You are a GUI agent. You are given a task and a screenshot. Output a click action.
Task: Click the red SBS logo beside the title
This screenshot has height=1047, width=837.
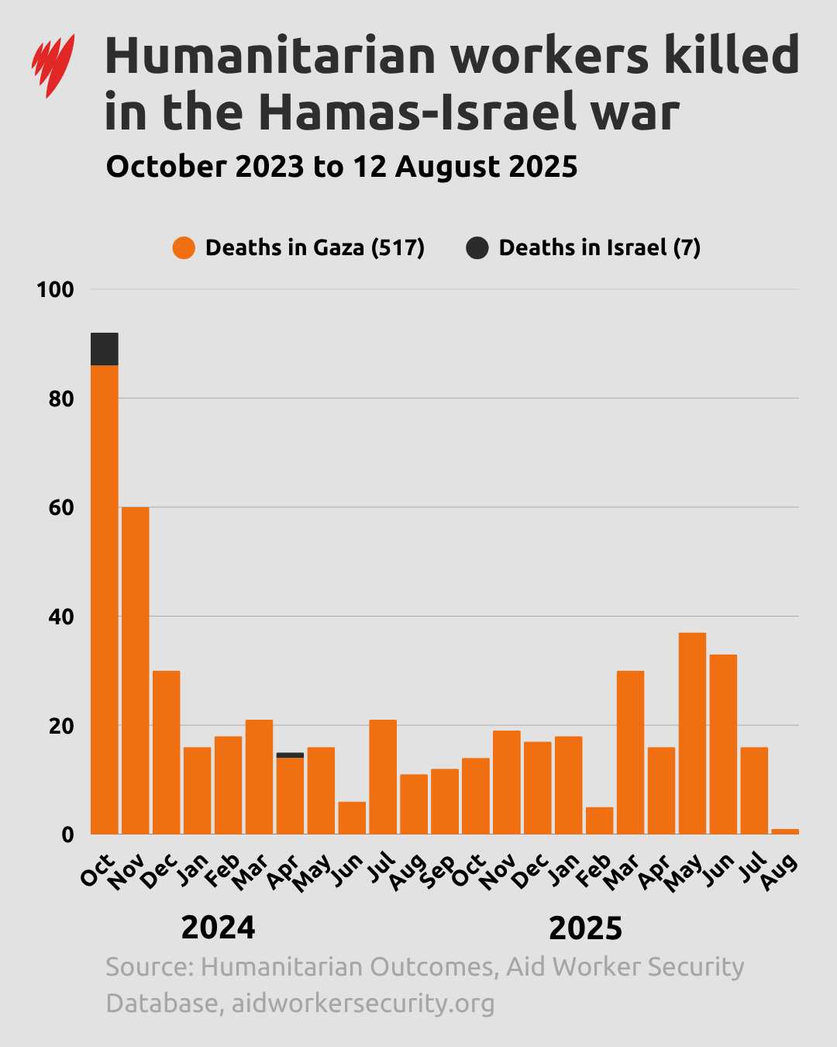(x=53, y=65)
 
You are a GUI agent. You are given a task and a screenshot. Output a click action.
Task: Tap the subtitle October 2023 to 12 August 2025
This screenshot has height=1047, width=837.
(x=341, y=167)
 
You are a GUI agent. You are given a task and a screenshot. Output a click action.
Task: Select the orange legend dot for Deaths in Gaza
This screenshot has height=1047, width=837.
(x=184, y=248)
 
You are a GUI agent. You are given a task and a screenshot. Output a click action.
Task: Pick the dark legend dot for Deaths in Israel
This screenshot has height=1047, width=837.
(x=477, y=248)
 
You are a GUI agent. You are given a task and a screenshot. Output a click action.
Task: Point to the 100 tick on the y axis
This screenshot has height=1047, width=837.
(x=55, y=290)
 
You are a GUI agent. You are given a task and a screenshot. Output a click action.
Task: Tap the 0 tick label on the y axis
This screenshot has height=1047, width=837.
(x=67, y=835)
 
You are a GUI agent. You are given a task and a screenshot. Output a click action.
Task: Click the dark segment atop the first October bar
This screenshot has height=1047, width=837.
(x=105, y=349)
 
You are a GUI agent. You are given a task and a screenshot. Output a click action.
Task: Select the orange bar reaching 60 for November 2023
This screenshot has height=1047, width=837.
(x=136, y=671)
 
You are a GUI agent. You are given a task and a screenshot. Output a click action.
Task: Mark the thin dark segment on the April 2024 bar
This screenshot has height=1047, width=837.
(x=290, y=755)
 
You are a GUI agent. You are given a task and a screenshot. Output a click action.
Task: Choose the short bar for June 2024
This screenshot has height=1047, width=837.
(x=352, y=818)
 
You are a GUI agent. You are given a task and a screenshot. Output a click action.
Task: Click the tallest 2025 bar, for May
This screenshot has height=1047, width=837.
(x=692, y=734)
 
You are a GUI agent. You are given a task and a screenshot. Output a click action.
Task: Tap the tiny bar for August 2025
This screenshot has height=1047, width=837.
(x=784, y=831)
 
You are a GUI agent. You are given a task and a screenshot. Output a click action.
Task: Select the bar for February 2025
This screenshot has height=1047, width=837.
(x=599, y=821)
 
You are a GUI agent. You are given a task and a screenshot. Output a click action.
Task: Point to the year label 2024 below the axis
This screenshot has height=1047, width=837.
(x=218, y=928)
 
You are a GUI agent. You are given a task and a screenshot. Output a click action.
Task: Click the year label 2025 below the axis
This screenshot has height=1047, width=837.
(x=585, y=928)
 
